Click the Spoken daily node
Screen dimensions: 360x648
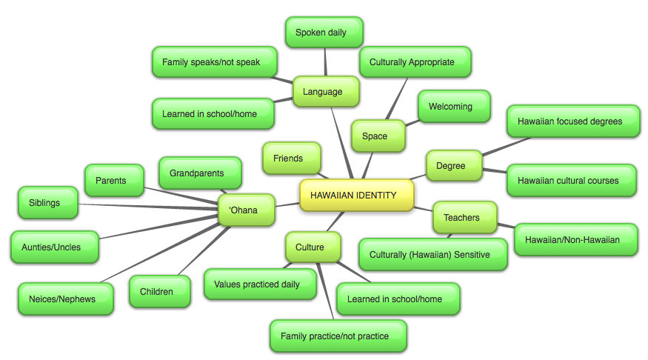pyautogui.click(x=324, y=33)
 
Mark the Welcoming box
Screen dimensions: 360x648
pyautogui.click(x=453, y=107)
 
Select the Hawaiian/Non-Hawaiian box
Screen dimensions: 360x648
pyautogui.click(x=575, y=240)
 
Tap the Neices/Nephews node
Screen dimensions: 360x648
pyautogui.click(x=65, y=299)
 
